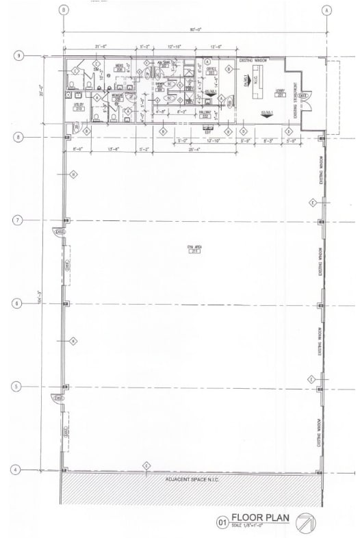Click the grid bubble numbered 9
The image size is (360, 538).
click(x=18, y=55)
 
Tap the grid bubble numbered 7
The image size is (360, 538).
click(x=18, y=220)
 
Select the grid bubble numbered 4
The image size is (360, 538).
click(x=18, y=470)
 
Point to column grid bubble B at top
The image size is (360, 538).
click(x=64, y=10)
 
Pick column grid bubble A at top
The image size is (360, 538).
click(x=327, y=10)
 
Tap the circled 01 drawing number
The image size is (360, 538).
click(x=222, y=522)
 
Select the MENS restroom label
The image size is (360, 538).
click(x=119, y=67)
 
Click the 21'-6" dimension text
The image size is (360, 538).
click(x=101, y=47)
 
